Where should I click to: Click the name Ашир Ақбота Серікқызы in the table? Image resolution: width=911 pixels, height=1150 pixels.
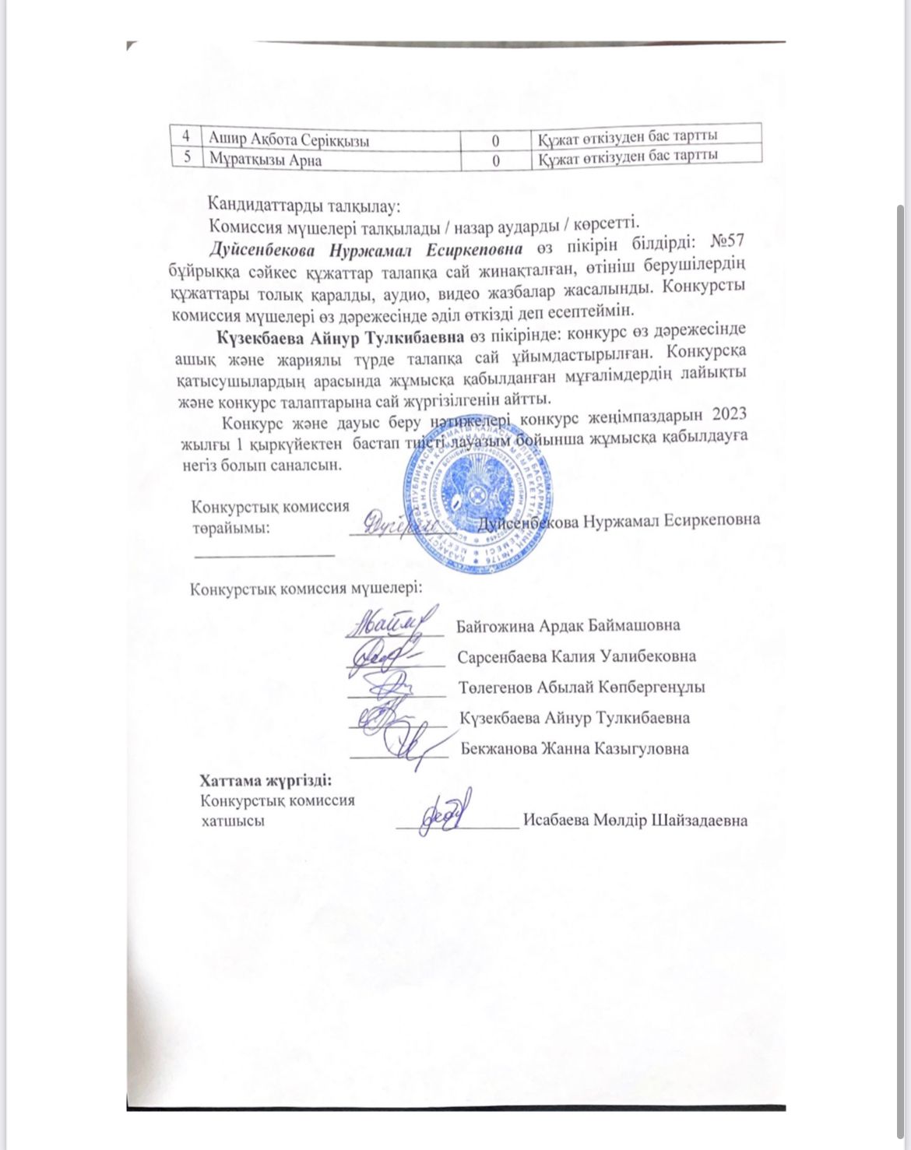click(x=290, y=139)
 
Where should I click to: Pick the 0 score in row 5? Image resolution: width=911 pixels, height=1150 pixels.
click(x=495, y=160)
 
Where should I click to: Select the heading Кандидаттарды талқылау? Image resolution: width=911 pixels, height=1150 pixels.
click(x=304, y=206)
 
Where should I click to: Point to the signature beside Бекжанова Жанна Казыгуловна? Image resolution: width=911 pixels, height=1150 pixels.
click(x=409, y=745)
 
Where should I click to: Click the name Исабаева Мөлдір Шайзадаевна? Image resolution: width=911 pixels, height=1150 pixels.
click(x=635, y=820)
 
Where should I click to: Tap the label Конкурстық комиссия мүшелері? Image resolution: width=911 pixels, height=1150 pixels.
click(x=307, y=587)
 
